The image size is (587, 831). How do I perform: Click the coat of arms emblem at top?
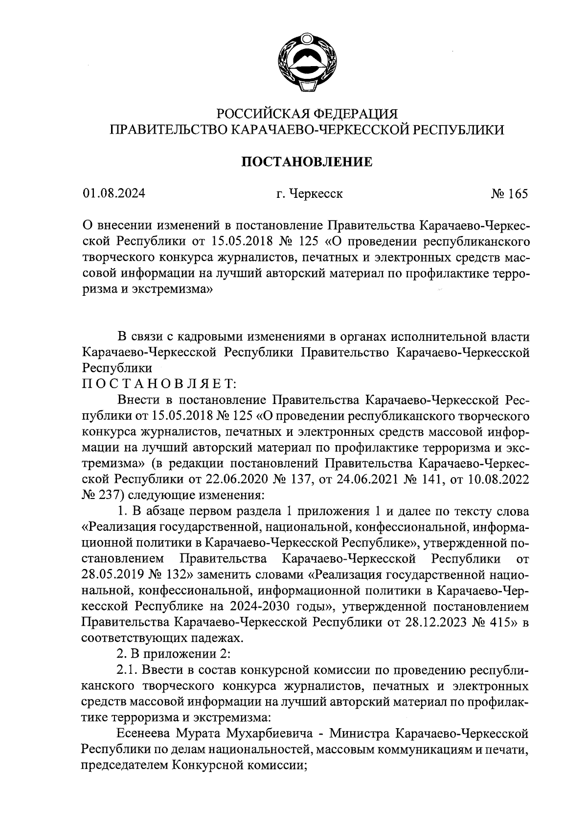click(307, 63)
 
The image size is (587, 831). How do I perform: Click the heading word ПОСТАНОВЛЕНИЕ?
click(308, 162)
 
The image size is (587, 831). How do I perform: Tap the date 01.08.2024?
click(114, 194)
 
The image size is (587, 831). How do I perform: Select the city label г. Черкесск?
click(309, 194)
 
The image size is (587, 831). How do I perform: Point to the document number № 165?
click(510, 194)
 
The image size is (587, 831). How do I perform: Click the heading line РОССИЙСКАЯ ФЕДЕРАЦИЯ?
click(308, 114)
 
